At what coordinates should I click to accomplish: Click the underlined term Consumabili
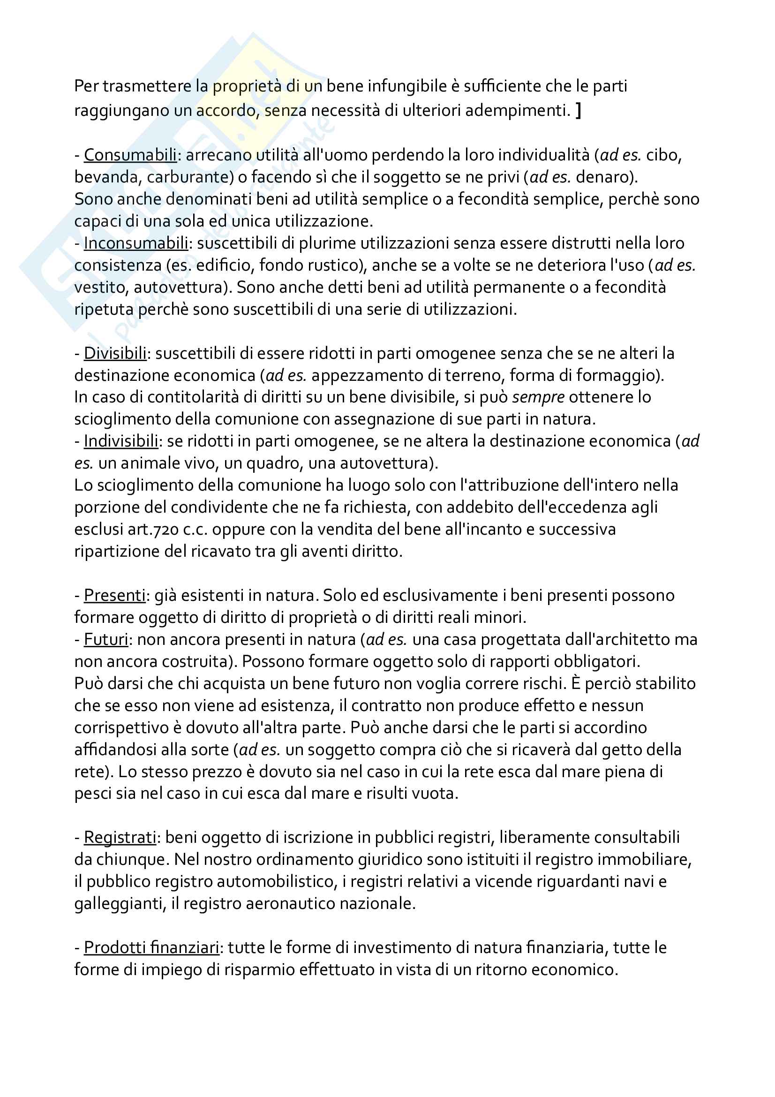130,155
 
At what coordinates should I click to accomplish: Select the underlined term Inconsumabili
135,243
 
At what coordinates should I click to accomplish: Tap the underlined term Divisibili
115,353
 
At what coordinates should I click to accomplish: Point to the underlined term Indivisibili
121,440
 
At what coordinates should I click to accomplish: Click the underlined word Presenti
114,595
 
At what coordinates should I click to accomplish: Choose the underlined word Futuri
106,639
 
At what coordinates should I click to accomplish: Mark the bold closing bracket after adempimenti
578,110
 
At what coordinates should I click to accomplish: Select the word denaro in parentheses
604,177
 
